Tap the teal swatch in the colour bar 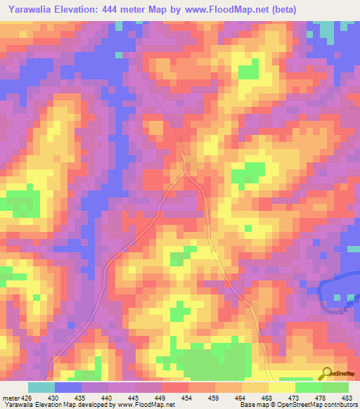click(x=41, y=387)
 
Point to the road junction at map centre click(x=186, y=171)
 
